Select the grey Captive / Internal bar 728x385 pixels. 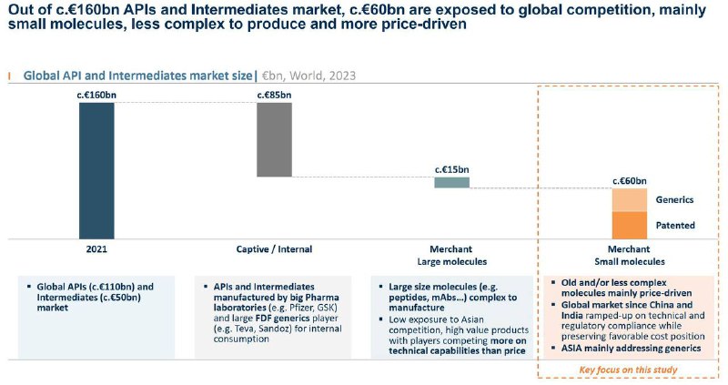coord(274,139)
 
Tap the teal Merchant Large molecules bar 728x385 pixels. coord(451,182)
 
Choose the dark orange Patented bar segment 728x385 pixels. coord(629,225)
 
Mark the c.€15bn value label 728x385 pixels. coord(451,168)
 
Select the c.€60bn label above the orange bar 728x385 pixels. coord(629,180)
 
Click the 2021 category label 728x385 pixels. coord(96,248)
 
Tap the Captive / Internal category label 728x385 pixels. coord(274,248)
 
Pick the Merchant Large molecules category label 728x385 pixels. coord(451,254)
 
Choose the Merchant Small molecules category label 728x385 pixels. coord(629,254)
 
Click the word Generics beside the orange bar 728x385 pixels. coord(674,199)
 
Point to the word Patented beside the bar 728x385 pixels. coord(674,225)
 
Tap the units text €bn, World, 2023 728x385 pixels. coord(305,76)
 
